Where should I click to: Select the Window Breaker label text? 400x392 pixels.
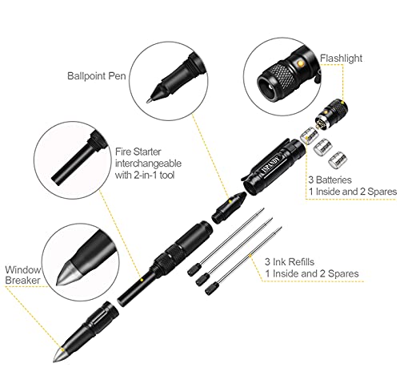coord(23,275)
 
